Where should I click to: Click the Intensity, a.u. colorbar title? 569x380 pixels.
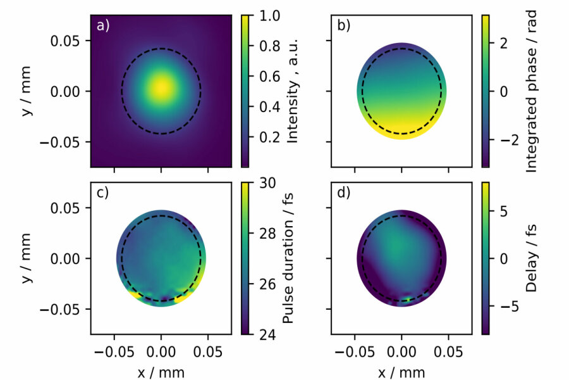(292, 91)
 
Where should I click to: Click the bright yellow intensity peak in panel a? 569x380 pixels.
(161, 89)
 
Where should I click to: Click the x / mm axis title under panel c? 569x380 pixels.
(161, 370)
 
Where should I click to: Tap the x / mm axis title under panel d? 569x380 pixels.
(401, 370)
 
